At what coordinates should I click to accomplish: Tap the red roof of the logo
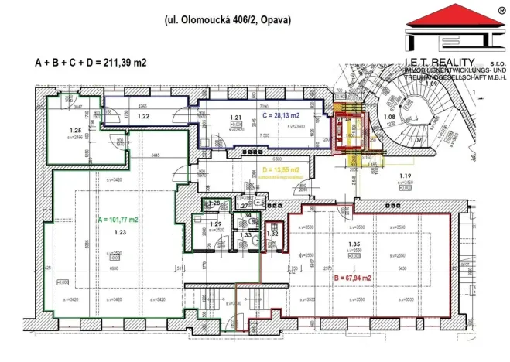tap(450, 17)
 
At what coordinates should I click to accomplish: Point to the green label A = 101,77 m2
tap(118, 220)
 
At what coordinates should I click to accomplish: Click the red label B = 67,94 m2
tap(352, 277)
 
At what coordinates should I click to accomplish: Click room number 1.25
tap(75, 131)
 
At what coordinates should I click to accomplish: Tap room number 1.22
tap(143, 116)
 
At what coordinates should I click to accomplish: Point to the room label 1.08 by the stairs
tap(390, 118)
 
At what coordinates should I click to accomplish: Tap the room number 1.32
tap(272, 233)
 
